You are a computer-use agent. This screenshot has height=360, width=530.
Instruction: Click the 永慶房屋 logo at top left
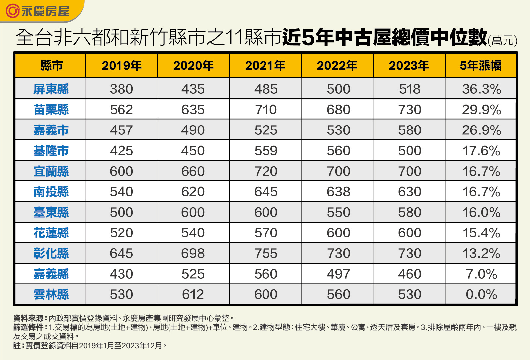37,11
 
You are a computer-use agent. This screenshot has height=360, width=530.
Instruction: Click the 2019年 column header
121,65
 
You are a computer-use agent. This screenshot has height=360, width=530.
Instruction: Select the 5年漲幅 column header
480,65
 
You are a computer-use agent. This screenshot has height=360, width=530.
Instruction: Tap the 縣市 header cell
51,65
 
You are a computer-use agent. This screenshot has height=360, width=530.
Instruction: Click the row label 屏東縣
51,89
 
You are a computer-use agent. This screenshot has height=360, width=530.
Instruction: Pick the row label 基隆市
51,151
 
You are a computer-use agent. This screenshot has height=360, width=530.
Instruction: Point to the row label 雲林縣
51,294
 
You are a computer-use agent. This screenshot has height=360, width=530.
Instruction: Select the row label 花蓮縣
51,233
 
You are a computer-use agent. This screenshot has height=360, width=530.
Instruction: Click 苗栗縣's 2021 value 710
265,110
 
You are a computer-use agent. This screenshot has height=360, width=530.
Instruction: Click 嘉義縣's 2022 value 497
338,274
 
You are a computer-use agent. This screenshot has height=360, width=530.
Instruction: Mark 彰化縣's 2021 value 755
265,253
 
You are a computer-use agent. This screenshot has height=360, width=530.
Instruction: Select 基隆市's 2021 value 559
265,151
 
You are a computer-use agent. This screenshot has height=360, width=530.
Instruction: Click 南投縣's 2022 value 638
338,192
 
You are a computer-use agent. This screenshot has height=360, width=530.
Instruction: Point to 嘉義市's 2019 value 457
121,130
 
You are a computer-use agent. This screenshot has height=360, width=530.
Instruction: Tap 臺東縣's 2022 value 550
338,212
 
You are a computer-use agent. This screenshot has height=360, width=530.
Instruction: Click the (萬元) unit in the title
502,40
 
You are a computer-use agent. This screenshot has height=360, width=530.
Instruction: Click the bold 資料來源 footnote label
29,318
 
